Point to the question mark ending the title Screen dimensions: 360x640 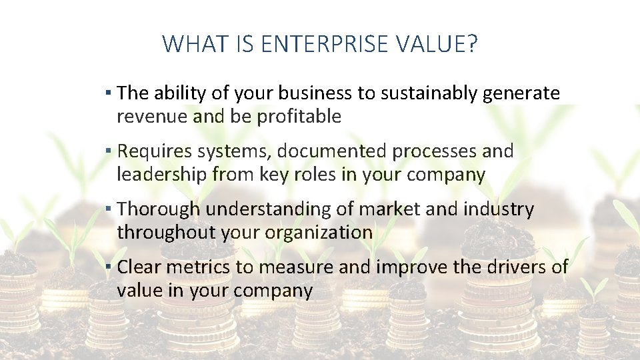pos(473,44)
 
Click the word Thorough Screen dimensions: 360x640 pos(158,209)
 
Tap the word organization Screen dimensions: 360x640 pos(319,233)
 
